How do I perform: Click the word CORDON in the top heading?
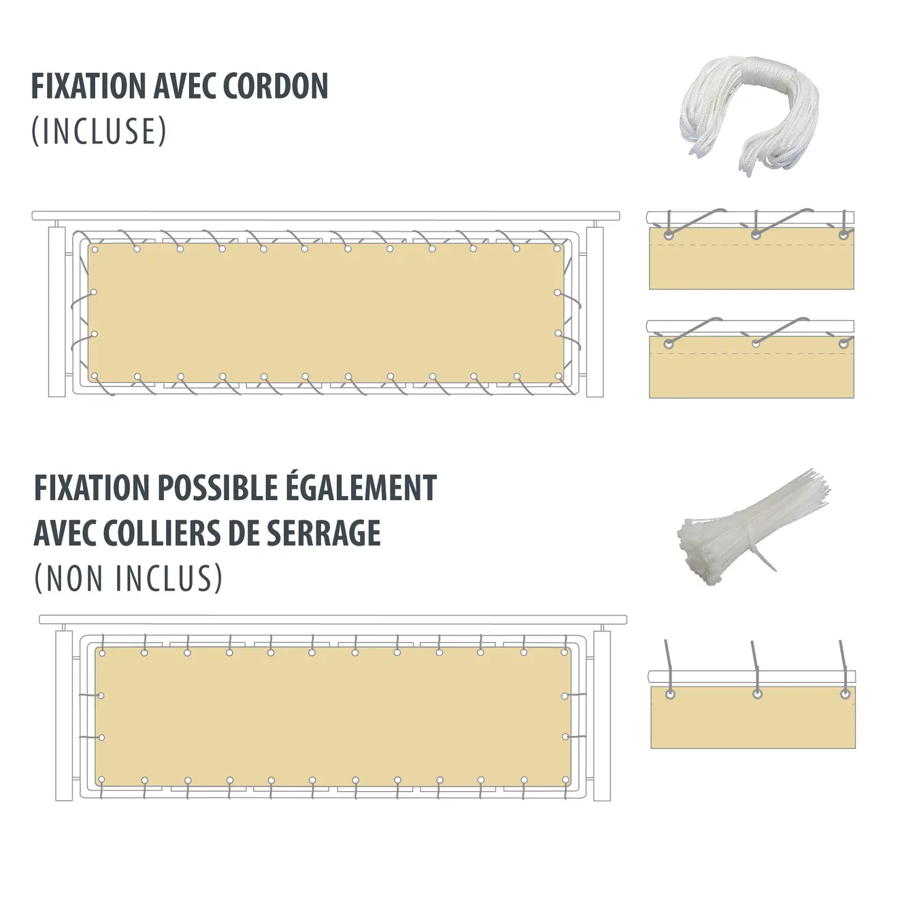pos(276,86)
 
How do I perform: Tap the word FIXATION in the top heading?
pos(88,86)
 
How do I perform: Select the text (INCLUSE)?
pos(99,131)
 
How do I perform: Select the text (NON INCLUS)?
pos(128,578)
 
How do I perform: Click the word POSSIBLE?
pos(212,488)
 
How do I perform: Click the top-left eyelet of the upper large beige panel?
pos(95,250)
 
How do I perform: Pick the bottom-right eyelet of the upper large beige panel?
pos(557,376)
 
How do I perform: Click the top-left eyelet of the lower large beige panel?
pos(102,653)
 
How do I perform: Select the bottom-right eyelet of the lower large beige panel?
pos(565,780)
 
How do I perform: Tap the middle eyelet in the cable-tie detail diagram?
pos(758,695)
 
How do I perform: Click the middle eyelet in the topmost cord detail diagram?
pos(756,235)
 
